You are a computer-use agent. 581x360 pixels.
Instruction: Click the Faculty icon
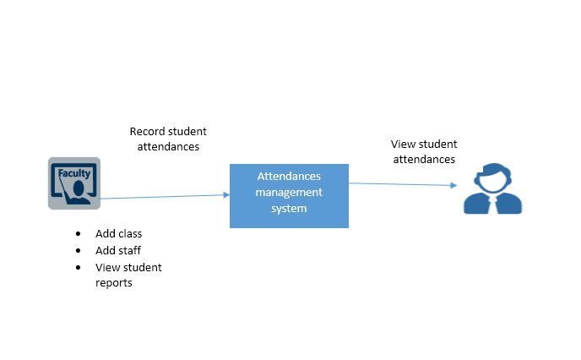click(73, 183)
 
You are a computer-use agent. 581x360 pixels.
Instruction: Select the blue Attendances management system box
click(289, 195)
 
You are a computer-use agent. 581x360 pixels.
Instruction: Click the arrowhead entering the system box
click(226, 194)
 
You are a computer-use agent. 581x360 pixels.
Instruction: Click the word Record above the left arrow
click(146, 131)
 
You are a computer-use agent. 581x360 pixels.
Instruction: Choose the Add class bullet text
click(118, 233)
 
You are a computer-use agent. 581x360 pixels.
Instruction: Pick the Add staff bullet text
click(118, 250)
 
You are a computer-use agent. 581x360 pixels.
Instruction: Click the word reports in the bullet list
click(114, 283)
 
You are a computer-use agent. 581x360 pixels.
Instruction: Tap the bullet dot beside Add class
click(79, 233)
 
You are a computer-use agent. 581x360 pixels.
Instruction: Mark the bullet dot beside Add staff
click(79, 250)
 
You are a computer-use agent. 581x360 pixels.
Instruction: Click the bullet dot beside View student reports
click(79, 267)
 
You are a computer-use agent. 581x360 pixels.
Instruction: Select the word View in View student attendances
click(403, 145)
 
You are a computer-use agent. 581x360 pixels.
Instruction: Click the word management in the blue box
click(289, 192)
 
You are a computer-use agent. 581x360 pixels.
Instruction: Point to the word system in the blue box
click(289, 208)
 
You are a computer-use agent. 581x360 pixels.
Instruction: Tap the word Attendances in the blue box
click(289, 176)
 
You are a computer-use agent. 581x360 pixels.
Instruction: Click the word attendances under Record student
click(168, 146)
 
